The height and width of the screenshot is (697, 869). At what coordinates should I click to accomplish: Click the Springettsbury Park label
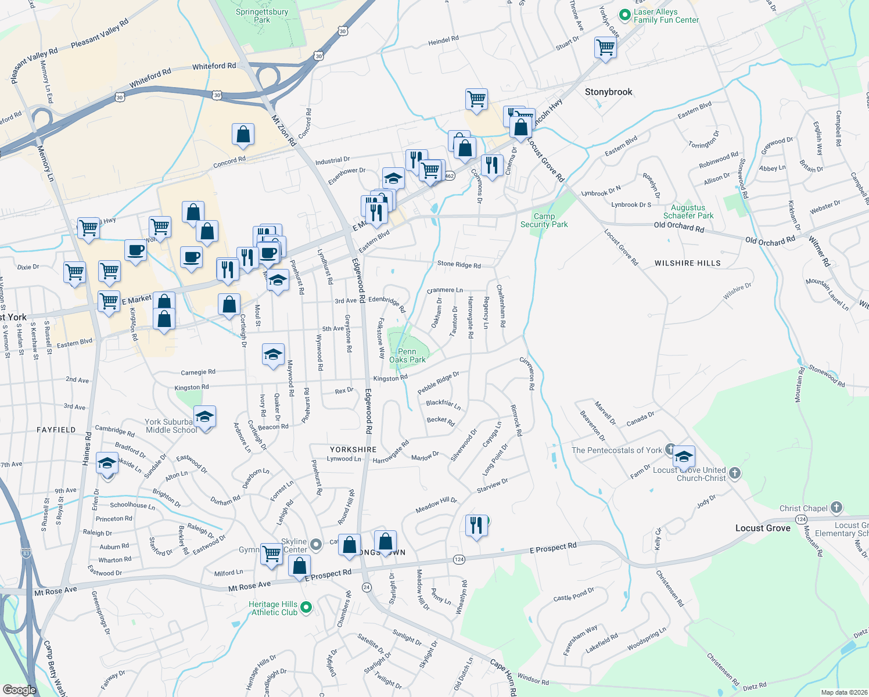(262, 16)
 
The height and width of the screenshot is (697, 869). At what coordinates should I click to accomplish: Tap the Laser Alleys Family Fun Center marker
(625, 15)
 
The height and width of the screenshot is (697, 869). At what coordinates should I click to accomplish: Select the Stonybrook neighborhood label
(608, 92)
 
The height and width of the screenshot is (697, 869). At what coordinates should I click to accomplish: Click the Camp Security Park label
(544, 220)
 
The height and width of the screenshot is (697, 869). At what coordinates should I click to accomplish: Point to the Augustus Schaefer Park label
(688, 211)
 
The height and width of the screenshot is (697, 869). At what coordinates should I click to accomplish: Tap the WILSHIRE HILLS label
(687, 263)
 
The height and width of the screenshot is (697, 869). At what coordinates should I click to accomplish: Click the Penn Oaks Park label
(407, 355)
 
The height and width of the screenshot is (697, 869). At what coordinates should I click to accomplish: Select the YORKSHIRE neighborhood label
(353, 450)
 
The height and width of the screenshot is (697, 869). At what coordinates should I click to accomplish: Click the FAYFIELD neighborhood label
(56, 430)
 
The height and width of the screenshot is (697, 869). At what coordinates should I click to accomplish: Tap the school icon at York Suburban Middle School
(204, 417)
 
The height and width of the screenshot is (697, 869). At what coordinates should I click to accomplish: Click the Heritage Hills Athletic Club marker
(306, 608)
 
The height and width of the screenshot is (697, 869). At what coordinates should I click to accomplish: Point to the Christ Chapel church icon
(836, 508)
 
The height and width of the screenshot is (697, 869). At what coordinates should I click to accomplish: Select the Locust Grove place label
(763, 528)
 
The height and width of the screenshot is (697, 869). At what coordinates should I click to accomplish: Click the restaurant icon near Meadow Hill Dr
(476, 526)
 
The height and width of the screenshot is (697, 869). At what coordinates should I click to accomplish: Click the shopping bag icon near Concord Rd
(243, 134)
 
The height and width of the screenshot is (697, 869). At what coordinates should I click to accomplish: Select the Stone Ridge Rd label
(459, 264)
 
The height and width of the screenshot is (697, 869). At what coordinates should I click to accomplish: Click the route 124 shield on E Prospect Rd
(459, 559)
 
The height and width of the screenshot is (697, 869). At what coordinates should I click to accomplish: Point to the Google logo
(19, 690)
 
